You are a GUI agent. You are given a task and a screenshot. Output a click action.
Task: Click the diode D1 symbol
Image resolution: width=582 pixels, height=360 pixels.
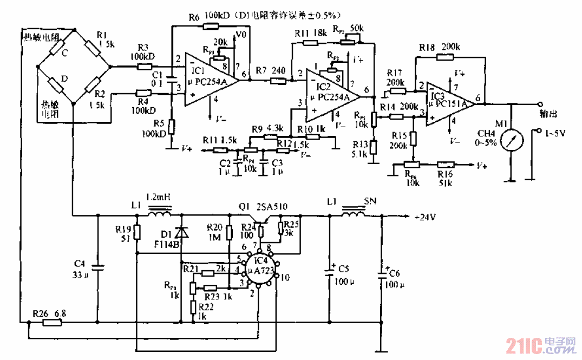[x=182, y=232]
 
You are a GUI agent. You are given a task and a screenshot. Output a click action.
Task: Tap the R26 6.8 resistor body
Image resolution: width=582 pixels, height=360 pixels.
[x=52, y=323]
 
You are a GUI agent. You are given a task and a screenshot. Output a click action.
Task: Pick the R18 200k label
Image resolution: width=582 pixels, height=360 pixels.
[x=440, y=48]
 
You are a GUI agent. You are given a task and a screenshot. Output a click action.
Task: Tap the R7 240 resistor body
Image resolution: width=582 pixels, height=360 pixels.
[x=278, y=81]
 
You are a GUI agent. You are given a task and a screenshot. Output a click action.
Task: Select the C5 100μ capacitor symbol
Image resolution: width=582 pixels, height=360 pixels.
[x=329, y=271]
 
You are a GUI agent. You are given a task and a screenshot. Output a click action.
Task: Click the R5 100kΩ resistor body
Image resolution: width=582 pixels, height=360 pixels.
[x=171, y=127]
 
